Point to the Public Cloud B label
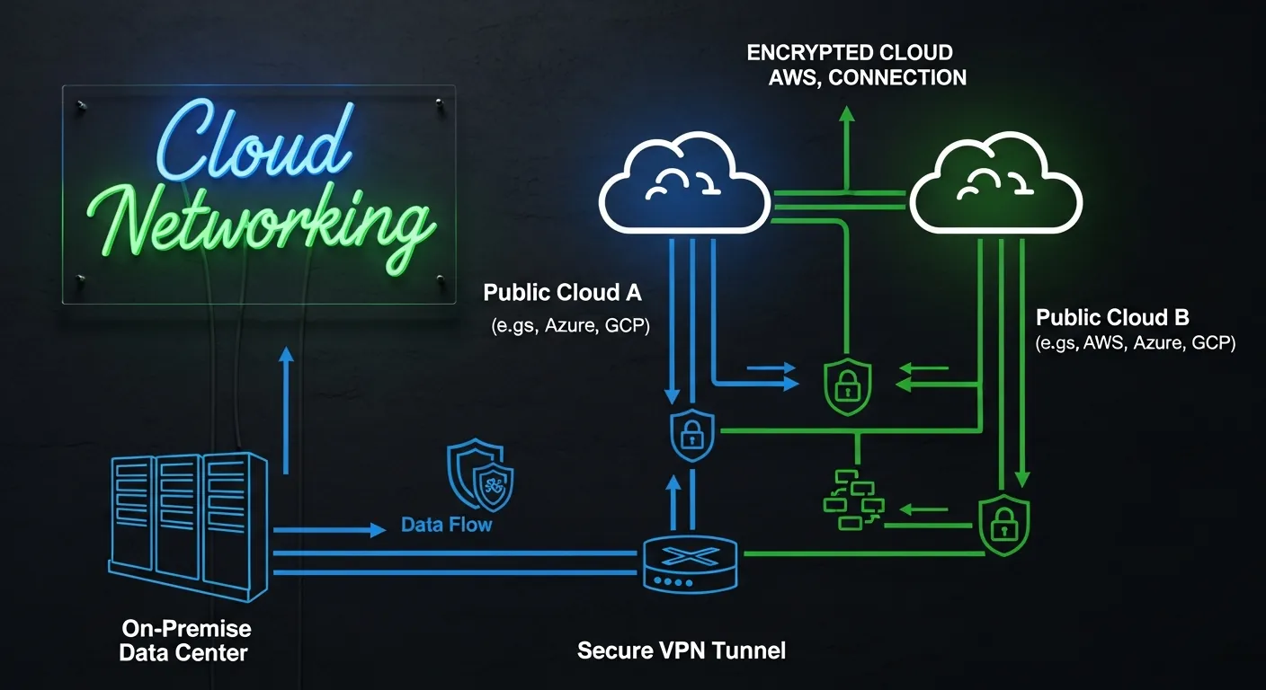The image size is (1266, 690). coord(1112,317)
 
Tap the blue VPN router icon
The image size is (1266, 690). coord(691,562)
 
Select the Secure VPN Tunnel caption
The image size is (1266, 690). coord(681,650)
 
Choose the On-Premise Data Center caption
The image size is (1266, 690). coord(185,640)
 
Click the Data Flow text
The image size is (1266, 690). coord(447,524)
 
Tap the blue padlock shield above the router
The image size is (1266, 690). coord(691,434)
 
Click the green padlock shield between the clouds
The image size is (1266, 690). coord(847,386)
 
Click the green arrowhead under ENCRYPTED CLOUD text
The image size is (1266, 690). coord(845,114)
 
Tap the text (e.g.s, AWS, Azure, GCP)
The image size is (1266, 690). coord(1136,343)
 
